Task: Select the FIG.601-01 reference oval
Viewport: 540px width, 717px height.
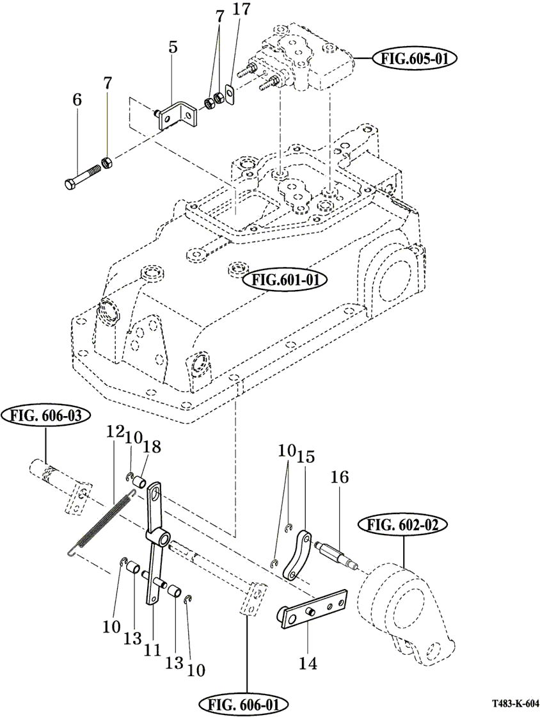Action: pos(286,280)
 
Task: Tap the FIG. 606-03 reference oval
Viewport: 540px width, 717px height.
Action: pos(45,416)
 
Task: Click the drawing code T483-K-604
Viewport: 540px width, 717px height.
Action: pos(516,703)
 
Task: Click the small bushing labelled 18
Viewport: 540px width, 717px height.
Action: pos(141,479)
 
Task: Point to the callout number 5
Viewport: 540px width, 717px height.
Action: pos(173,47)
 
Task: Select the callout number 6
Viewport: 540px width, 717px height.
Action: pos(77,100)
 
